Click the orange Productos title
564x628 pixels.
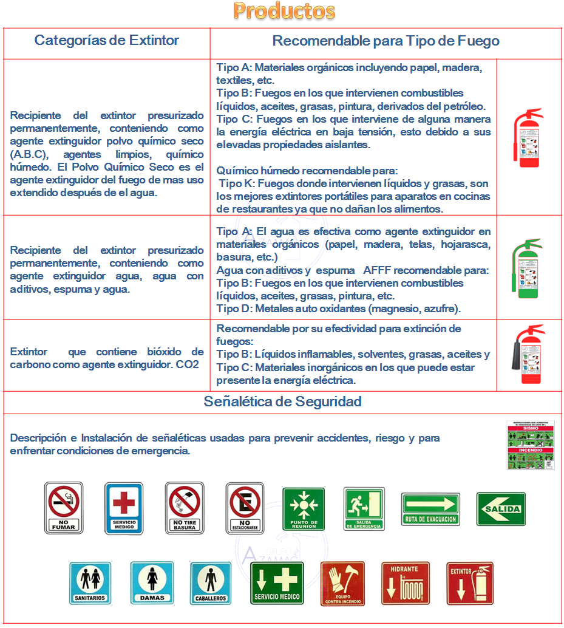click(x=284, y=11)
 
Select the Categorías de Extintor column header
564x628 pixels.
click(x=107, y=41)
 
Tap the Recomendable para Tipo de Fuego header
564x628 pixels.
click(x=386, y=41)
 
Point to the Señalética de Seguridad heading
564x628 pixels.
click(x=283, y=401)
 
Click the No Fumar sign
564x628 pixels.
click(x=64, y=508)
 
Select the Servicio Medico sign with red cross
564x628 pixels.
click(x=124, y=508)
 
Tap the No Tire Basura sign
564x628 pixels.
click(x=185, y=508)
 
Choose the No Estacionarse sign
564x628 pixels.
click(x=245, y=508)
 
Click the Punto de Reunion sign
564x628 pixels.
click(x=304, y=508)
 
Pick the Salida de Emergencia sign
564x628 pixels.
click(x=364, y=508)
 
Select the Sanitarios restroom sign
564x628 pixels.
click(x=90, y=582)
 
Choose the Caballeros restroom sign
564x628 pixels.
click(x=211, y=582)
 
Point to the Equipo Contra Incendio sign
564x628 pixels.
click(x=343, y=583)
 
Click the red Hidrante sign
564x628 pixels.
click(x=406, y=583)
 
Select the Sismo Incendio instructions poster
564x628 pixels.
click(x=531, y=445)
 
